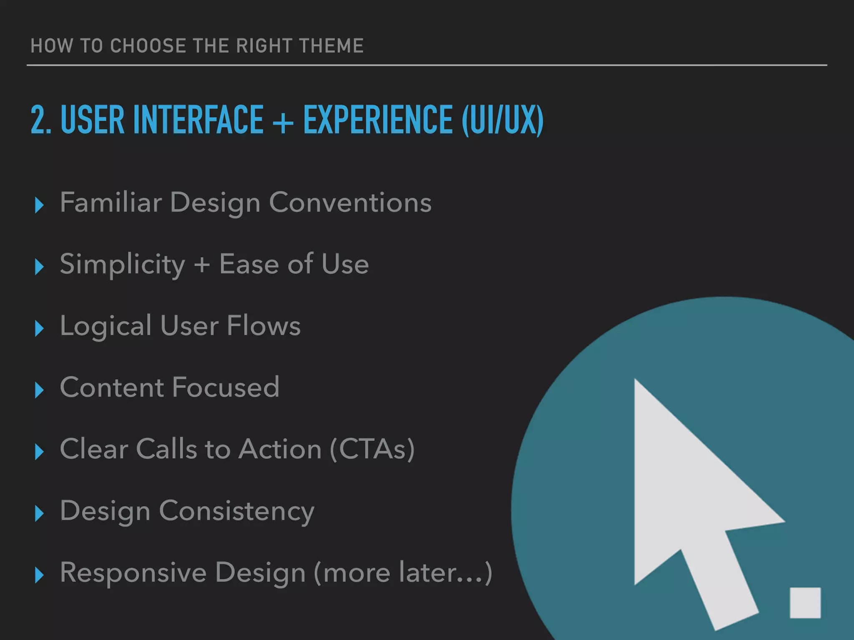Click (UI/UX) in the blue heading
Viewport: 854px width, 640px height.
502,120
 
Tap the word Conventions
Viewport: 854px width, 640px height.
350,202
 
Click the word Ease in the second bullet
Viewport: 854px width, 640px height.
249,264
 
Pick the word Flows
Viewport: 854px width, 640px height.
264,326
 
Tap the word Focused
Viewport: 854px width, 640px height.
225,387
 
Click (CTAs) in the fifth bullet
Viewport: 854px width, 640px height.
372,449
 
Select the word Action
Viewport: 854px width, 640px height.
280,449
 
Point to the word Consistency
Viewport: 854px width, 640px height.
237,511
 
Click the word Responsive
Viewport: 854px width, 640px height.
133,572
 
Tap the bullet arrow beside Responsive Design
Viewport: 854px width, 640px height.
40,575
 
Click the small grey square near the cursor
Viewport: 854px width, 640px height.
805,602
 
